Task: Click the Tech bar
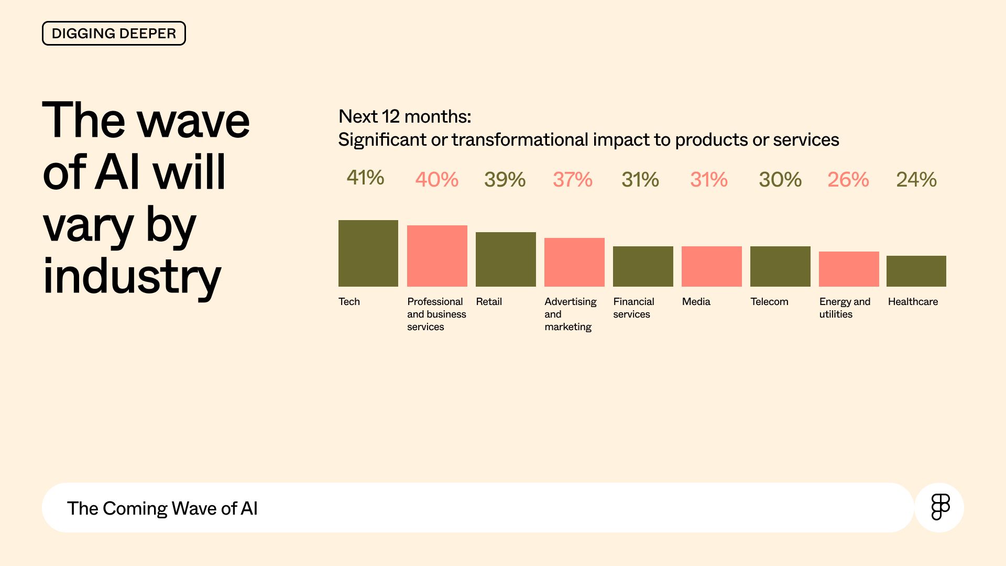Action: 368,253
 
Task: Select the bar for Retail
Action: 506,259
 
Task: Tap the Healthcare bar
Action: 916,271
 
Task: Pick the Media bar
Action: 712,266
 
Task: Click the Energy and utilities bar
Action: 849,269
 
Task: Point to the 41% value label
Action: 365,178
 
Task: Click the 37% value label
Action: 573,180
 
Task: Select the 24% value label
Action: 916,180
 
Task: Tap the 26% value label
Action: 848,180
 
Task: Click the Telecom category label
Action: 769,301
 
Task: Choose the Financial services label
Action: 633,308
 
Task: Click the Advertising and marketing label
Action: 570,314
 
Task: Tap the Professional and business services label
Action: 436,314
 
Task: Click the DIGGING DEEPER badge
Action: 114,34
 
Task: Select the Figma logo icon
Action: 940,507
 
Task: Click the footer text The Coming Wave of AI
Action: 162,508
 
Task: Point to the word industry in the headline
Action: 132,277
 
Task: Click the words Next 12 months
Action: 404,116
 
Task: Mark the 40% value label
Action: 436,180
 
